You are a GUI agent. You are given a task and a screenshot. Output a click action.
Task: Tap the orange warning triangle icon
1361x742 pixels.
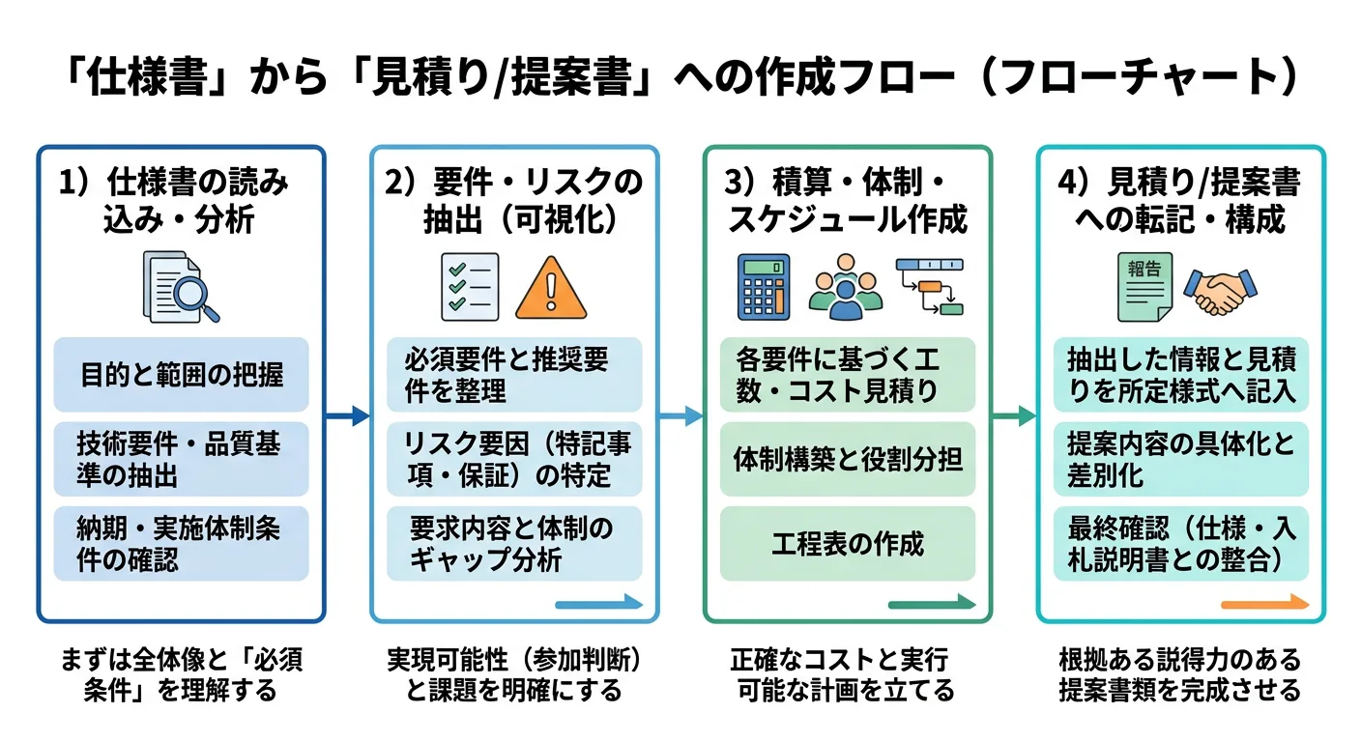tap(552, 288)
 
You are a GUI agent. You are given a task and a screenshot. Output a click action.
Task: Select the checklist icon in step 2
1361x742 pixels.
tap(470, 287)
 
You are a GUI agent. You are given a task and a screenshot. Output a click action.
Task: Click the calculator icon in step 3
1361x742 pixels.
tap(764, 287)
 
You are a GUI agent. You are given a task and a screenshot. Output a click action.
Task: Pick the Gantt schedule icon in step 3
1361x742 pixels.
tap(930, 287)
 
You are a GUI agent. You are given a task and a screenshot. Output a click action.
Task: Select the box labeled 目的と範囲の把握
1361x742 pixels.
tap(181, 375)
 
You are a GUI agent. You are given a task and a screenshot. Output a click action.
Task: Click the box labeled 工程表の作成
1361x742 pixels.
tap(848, 544)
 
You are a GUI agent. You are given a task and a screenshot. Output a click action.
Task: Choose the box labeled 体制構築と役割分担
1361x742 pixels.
tap(848, 460)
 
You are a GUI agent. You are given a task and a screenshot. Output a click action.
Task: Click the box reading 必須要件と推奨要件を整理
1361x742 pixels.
tap(514, 375)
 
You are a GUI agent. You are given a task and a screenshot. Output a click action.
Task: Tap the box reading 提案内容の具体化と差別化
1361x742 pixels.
tap(1180, 459)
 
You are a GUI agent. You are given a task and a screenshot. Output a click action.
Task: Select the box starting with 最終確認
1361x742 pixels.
tap(1180, 544)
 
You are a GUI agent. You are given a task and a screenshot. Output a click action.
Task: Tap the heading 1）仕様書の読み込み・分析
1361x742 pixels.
tap(181, 201)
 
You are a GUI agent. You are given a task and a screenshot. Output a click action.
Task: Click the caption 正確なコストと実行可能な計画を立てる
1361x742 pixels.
tap(846, 675)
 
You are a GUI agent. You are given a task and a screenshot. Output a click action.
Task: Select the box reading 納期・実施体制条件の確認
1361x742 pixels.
tap(181, 544)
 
